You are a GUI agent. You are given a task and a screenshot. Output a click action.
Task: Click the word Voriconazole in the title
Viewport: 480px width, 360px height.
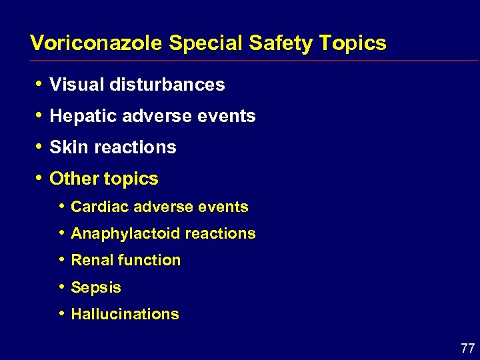[x=97, y=43]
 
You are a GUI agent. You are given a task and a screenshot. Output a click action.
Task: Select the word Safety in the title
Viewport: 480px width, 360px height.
[x=281, y=43]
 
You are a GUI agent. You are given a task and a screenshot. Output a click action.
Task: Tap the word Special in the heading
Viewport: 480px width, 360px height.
[x=206, y=44]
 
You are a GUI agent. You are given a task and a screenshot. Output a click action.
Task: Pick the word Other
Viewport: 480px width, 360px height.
[x=72, y=179]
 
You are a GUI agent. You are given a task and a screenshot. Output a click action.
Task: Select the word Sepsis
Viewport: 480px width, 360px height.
[x=96, y=288]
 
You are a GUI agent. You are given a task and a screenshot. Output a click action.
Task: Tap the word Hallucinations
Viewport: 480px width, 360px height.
[x=125, y=314]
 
